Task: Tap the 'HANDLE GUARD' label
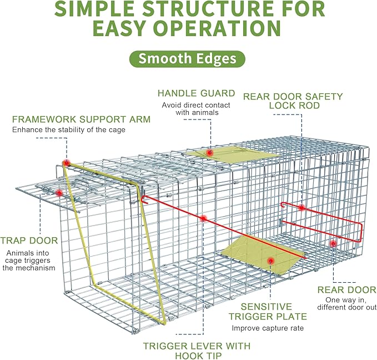pos(196,93)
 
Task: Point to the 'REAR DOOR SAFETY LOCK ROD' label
pos(293,101)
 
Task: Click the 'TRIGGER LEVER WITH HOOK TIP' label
pos(197,351)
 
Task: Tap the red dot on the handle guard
pos(209,152)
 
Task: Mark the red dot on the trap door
pos(59,193)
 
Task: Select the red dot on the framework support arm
pos(66,163)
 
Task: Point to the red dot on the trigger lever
pos(204,218)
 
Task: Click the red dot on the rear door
pos(333,243)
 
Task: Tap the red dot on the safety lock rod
pos(301,208)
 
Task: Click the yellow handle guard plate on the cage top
pos(233,157)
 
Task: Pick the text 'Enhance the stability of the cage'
pos(69,130)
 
